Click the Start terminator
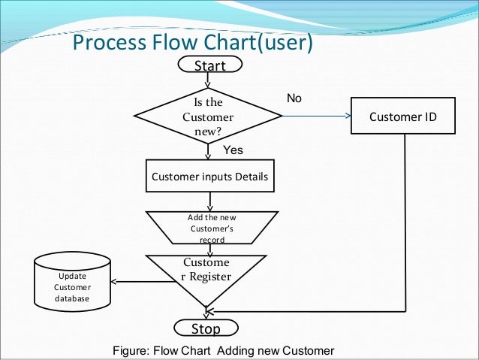pos(210,64)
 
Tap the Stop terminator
pos(206,328)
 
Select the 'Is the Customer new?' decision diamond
pos(208,116)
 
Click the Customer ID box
pos(403,116)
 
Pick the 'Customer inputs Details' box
pos(210,176)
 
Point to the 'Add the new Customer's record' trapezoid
pos(212,228)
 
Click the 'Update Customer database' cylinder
pos(72,282)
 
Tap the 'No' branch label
pos(294,98)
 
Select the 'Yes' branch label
pos(233,150)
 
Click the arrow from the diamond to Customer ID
pos(317,116)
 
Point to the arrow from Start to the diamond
pos(208,80)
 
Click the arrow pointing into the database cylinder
pos(143,281)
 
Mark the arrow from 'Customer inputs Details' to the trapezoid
pos(210,202)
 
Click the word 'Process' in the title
pos(110,42)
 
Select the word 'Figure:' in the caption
pos(131,350)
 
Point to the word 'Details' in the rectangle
pos(252,177)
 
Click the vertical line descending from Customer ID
pos(405,222)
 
